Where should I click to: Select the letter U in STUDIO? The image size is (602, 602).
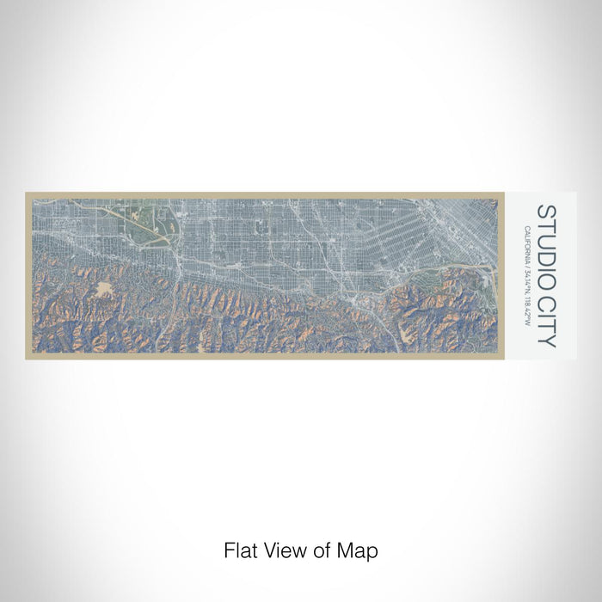tap(546, 236)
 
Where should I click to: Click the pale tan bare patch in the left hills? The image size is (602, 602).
tap(107, 289)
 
